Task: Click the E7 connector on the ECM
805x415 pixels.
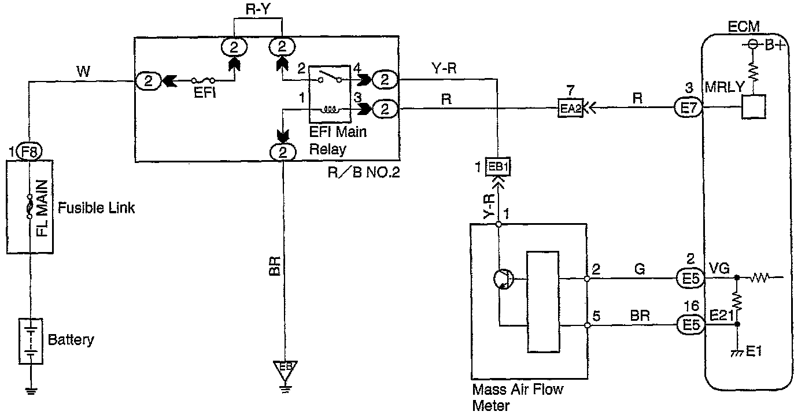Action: point(688,108)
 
